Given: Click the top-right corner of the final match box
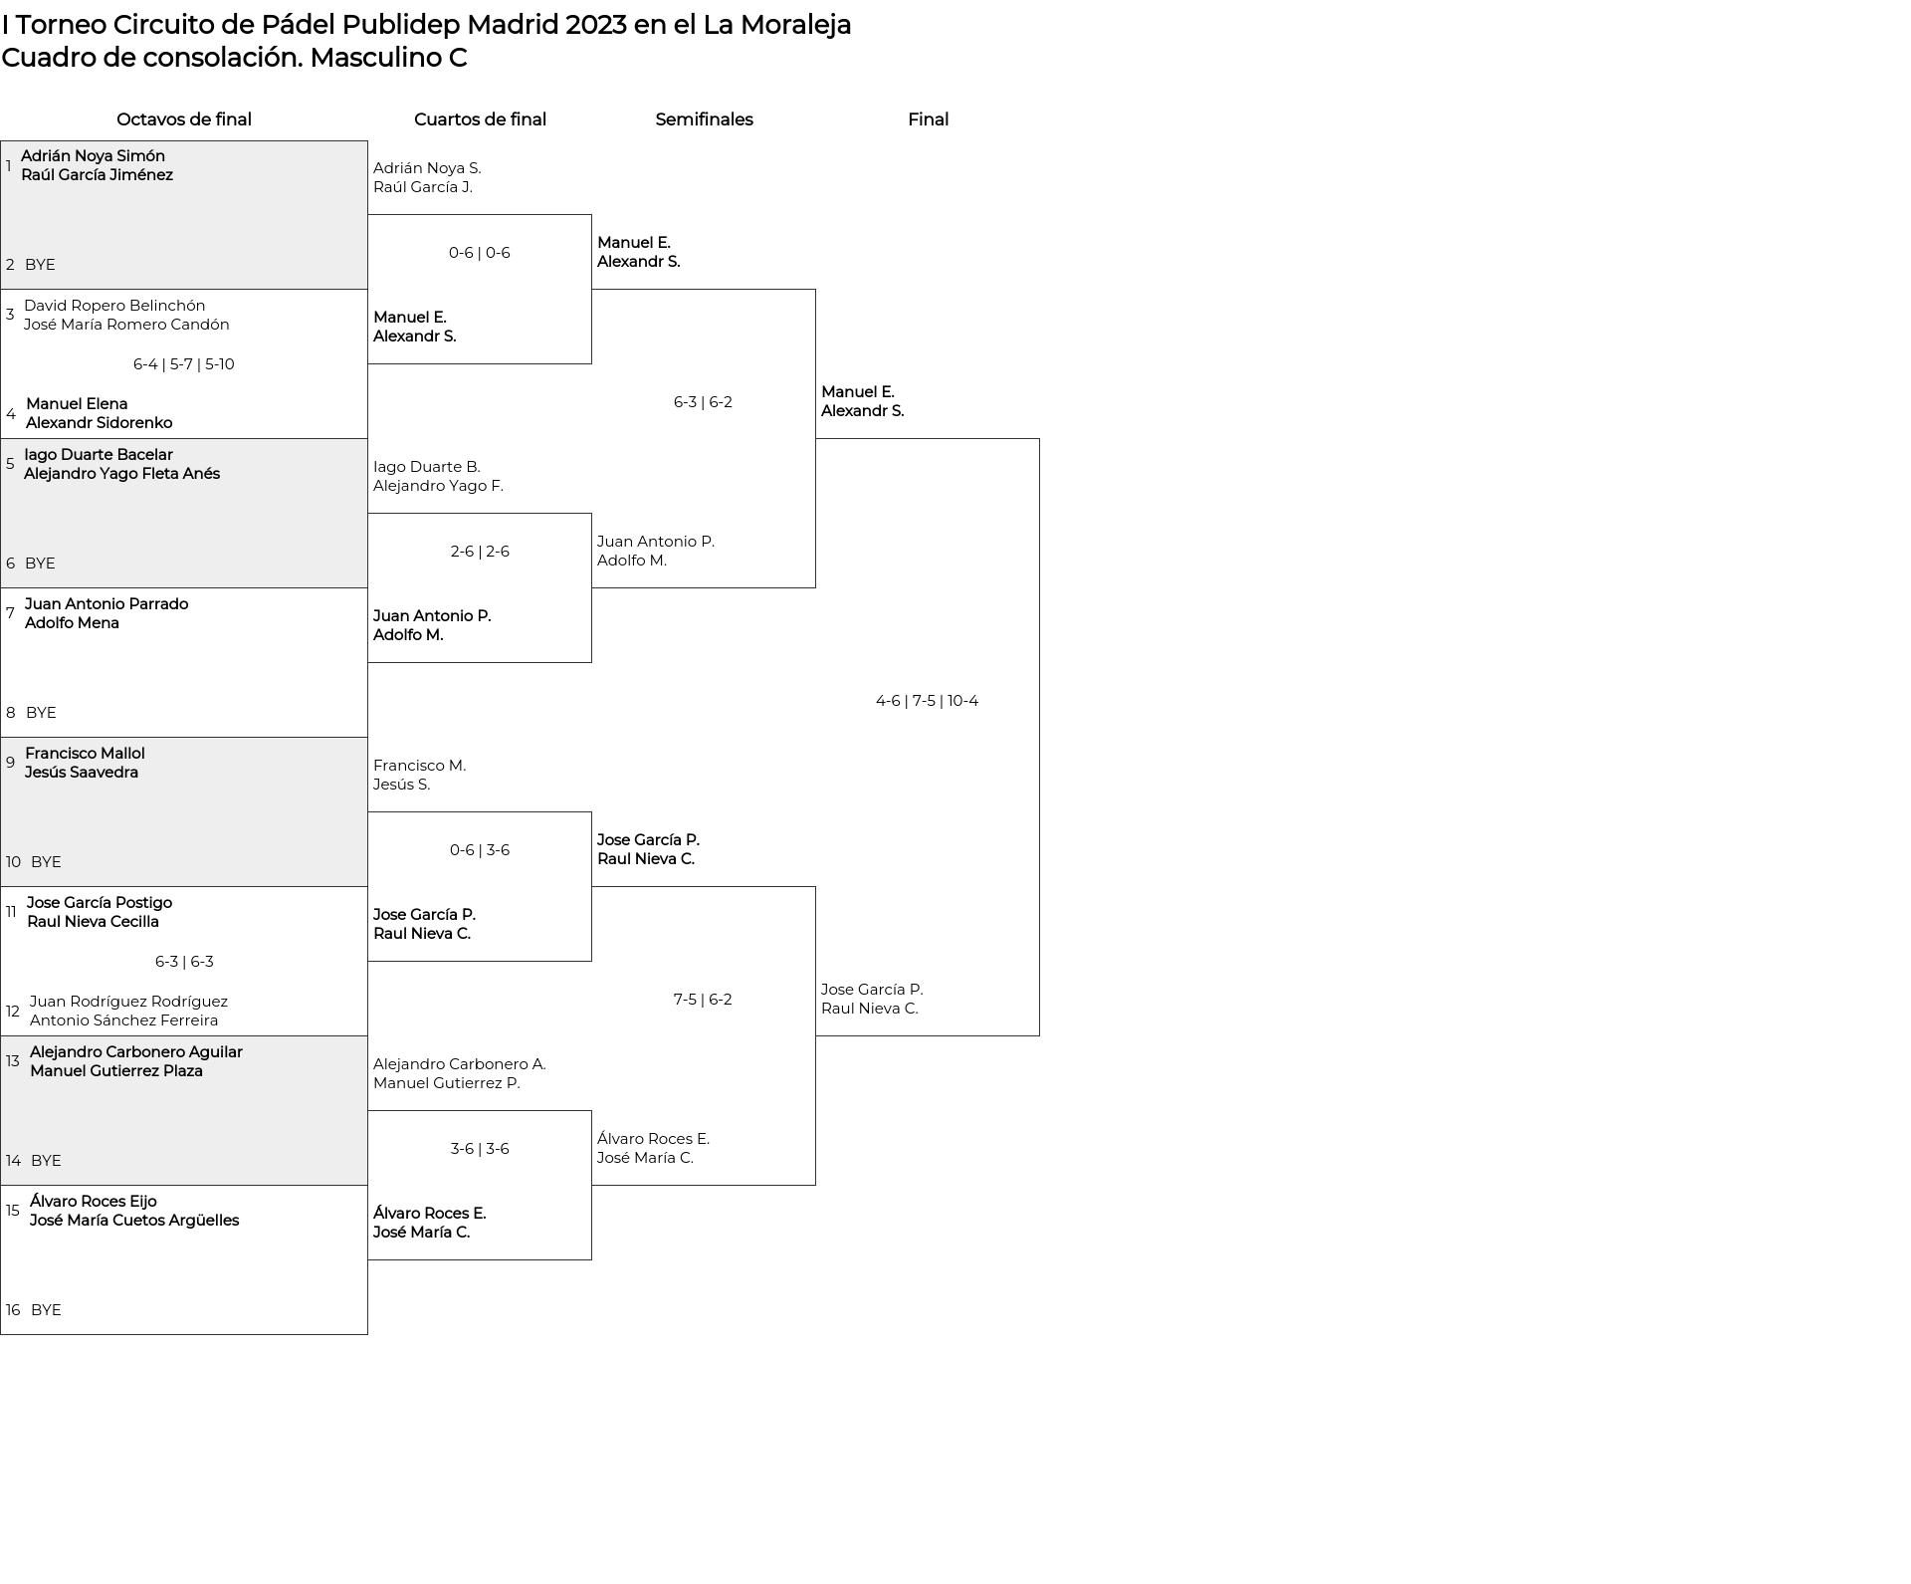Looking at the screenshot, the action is (x=1039, y=439).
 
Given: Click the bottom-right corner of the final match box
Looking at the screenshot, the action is (x=1039, y=1035).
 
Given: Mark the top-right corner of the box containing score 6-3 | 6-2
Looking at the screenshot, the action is (x=815, y=290).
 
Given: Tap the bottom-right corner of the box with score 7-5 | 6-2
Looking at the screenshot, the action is (x=815, y=1185).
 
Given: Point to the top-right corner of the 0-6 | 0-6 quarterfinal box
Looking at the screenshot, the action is (x=591, y=215).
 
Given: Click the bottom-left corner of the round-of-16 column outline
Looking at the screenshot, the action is (x=1, y=1334).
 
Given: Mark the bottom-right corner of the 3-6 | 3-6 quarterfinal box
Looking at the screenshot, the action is (x=591, y=1259).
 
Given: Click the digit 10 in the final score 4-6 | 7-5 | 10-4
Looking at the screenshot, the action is (x=955, y=701).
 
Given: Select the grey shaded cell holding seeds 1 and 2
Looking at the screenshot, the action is (x=184, y=215).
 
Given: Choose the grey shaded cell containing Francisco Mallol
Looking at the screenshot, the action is (x=184, y=812).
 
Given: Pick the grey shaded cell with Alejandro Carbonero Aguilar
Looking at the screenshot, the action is (x=184, y=1111).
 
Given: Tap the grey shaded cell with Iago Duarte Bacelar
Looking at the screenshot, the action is (x=184, y=514).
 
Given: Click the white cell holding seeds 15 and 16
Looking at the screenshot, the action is (x=184, y=1260).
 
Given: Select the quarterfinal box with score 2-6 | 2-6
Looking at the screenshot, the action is (x=480, y=588).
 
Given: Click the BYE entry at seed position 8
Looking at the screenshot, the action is (x=41, y=713).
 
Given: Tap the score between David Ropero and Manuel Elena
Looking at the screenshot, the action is (x=184, y=364).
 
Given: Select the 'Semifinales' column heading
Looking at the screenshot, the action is (x=704, y=119).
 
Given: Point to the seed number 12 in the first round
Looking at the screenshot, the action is (x=13, y=1012).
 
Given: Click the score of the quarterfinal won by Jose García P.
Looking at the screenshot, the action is (x=480, y=850).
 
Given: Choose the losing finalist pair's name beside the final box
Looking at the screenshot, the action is (x=872, y=999).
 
